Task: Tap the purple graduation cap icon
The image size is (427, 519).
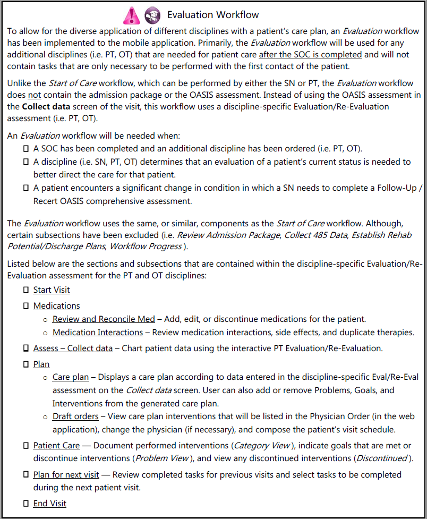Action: tap(152, 15)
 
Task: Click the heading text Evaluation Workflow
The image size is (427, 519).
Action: tap(213, 15)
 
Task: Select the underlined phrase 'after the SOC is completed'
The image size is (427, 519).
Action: tap(310, 54)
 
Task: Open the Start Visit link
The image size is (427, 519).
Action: tap(52, 290)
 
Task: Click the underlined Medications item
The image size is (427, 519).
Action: tap(56, 306)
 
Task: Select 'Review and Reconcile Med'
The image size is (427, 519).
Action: tap(104, 319)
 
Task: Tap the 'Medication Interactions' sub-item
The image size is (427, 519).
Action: tap(98, 333)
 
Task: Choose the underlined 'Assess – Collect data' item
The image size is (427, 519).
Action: tap(73, 348)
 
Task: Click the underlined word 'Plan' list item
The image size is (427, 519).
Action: tap(41, 364)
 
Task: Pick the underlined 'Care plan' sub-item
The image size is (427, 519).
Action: tap(71, 378)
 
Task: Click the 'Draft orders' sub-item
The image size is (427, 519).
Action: tap(75, 416)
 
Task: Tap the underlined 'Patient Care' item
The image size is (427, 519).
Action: tap(56, 446)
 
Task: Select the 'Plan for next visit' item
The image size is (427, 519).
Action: tap(66, 475)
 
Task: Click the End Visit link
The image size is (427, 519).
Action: tap(50, 504)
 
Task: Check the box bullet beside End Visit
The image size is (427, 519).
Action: tap(26, 504)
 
